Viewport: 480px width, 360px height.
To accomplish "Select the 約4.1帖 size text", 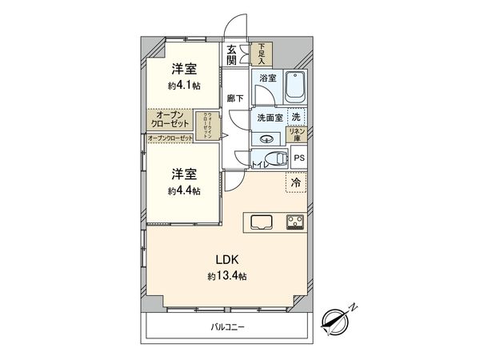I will point(183,86).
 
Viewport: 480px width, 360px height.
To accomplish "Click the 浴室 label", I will point(267,78).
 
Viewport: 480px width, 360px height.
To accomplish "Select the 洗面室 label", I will point(269,118).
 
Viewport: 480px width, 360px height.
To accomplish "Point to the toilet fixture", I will point(273,158).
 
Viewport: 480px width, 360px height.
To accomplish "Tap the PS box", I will point(298,158).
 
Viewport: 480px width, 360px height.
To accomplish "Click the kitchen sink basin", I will point(263,222).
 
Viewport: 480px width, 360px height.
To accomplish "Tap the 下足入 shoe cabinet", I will point(260,54).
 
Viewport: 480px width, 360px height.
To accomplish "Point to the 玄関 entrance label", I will point(232,54).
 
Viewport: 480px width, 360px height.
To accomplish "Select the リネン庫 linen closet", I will point(297,136).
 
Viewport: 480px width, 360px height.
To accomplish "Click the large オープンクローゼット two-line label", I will point(170,120).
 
